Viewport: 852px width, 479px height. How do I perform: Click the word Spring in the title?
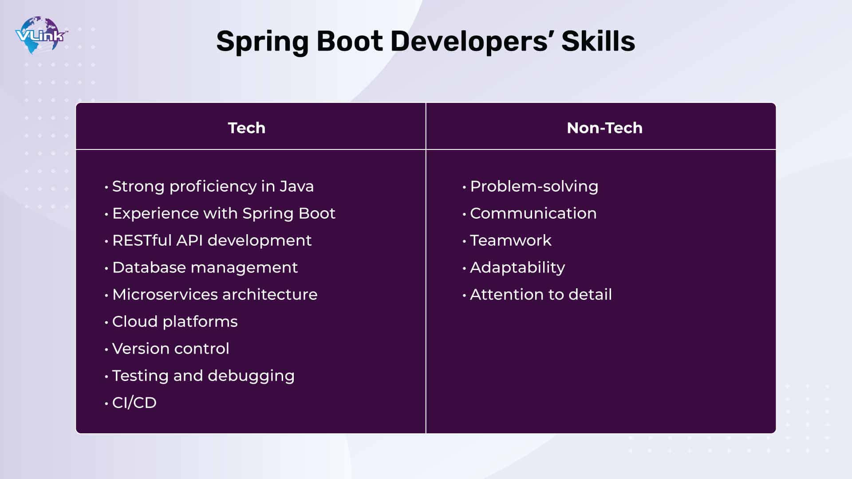(262, 42)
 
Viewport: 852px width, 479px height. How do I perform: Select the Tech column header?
(247, 128)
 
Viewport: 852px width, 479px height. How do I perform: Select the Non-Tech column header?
(605, 128)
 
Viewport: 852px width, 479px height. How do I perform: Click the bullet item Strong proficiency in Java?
(213, 187)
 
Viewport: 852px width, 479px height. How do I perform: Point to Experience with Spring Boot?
(224, 214)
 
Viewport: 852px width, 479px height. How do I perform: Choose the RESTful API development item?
(212, 240)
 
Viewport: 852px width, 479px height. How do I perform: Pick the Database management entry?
(205, 268)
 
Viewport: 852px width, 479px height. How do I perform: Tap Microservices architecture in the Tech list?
(215, 294)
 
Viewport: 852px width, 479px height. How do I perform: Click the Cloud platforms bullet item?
(175, 322)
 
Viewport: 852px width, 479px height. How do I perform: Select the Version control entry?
(170, 349)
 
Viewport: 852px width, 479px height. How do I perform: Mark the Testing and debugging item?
(203, 376)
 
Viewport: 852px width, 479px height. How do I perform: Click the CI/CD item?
(134, 403)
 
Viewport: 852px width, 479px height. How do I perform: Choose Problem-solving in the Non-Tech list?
(534, 187)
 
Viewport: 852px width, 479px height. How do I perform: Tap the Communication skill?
(533, 213)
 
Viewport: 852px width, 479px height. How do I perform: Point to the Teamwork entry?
(510, 240)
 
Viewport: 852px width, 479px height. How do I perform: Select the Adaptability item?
(517, 268)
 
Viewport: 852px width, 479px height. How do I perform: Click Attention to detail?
(541, 294)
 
